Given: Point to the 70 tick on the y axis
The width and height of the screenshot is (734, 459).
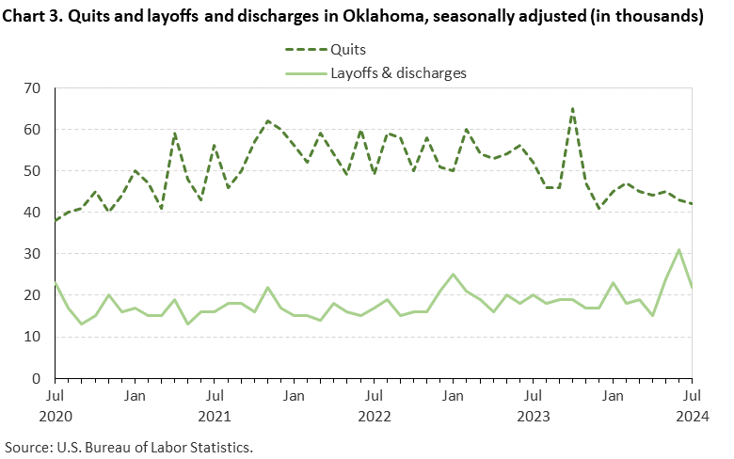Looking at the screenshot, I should click(x=33, y=88).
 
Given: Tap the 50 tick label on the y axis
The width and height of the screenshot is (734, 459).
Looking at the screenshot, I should click(x=33, y=171).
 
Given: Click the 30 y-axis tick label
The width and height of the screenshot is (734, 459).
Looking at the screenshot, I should click(x=33, y=254).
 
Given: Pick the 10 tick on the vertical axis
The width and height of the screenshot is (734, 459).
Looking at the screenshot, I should click(x=33, y=337).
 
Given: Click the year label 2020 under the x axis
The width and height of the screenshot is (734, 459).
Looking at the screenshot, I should click(x=56, y=415).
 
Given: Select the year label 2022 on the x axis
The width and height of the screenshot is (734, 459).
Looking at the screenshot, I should click(x=374, y=415).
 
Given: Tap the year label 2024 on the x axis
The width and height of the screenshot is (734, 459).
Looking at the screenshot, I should click(x=692, y=415).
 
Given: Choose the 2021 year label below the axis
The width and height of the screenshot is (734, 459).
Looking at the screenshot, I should click(x=215, y=415).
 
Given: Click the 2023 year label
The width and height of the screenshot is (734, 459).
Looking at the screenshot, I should click(x=533, y=415).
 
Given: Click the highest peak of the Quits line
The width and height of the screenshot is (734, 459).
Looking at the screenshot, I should click(x=573, y=109).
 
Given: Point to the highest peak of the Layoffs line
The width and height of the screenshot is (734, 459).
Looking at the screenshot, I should click(x=678, y=250).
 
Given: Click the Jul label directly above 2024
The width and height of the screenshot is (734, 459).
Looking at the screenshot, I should click(x=692, y=396).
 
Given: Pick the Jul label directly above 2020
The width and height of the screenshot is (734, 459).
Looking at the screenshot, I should click(x=56, y=396).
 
